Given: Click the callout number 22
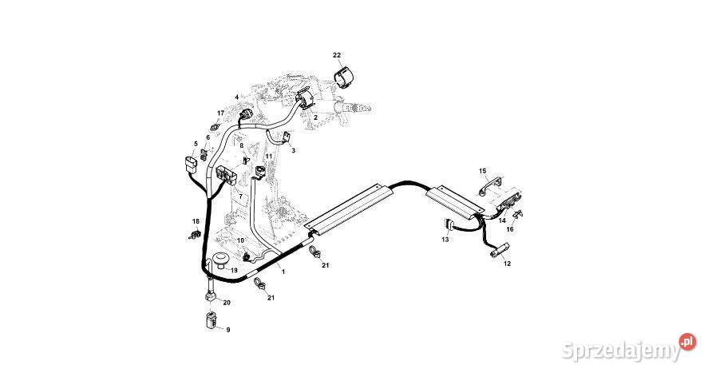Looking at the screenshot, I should tap(337, 54).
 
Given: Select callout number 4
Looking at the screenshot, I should tap(236, 97).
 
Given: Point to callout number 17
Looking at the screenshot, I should tap(221, 113).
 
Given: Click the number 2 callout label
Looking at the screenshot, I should tap(315, 117).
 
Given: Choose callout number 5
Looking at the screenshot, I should tap(195, 144).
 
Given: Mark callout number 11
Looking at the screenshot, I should tap(269, 156).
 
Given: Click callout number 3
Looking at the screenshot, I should tap(293, 150).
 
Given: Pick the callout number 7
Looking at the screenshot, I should tap(241, 196).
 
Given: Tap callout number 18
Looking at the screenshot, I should tap(196, 221).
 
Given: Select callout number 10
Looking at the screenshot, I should tap(240, 240).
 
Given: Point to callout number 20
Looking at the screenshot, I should tap(227, 303).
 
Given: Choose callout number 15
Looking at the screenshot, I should tap(482, 171).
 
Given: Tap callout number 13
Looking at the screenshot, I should tap(445, 239).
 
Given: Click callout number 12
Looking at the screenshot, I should tap(508, 263).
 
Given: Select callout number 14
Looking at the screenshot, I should tap(502, 220).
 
